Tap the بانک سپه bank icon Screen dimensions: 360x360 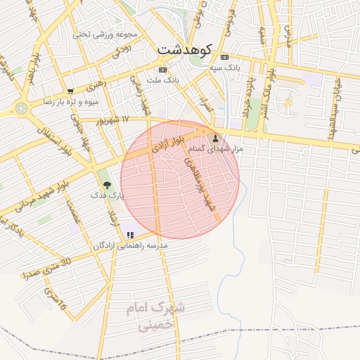click(224, 57)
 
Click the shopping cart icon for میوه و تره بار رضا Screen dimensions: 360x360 click(70, 91)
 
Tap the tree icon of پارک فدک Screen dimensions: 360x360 click(107, 185)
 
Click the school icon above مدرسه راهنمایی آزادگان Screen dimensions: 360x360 click(130, 235)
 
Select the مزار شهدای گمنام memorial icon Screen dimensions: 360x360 click(215, 139)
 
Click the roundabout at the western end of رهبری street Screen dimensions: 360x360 click(20, 108)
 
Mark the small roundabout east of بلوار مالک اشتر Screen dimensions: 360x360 click(288, 103)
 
